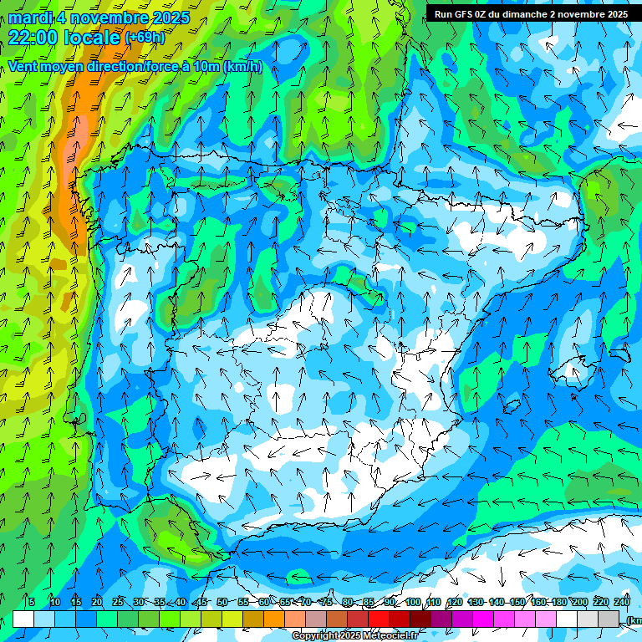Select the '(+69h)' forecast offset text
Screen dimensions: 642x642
(145, 38)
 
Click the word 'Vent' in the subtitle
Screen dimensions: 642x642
(23, 67)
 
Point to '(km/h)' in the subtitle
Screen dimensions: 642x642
(243, 67)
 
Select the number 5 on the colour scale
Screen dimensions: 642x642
(32, 603)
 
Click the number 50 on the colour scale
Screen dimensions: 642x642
(222, 603)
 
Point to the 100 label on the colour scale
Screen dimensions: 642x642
(412, 603)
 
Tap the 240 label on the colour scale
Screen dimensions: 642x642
(621, 603)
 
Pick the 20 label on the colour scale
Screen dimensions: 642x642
(97, 603)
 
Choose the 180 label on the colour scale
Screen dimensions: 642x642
(558, 603)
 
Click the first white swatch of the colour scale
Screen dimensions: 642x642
(23, 619)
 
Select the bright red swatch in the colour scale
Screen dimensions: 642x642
(379, 619)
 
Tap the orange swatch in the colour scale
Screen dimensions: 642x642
(274, 619)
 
